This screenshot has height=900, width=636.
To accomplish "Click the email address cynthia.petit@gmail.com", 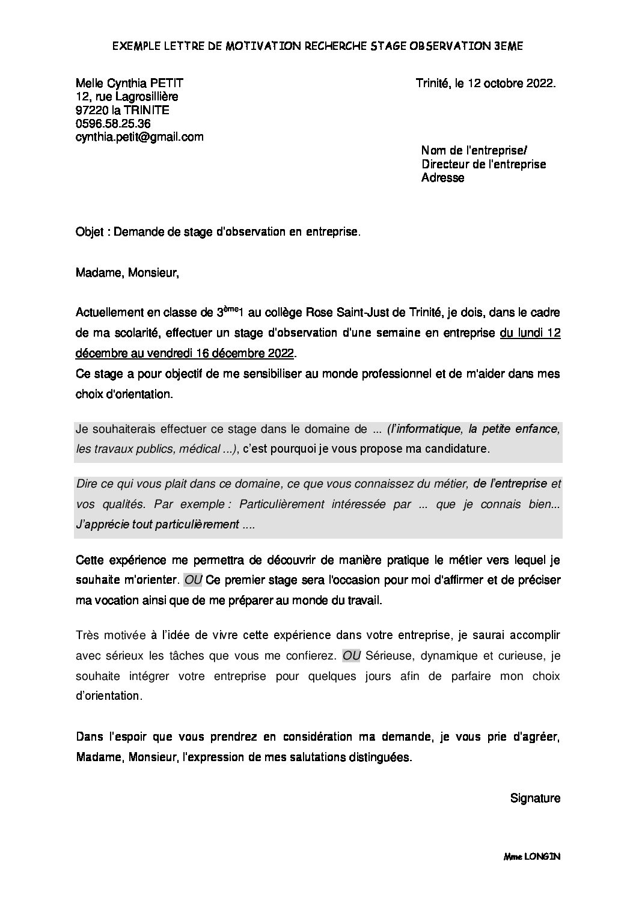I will [x=139, y=137].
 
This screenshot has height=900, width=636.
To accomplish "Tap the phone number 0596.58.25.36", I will [x=113, y=124].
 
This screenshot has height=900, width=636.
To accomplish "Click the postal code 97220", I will [x=91, y=110].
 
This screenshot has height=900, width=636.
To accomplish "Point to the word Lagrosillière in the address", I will [x=144, y=97].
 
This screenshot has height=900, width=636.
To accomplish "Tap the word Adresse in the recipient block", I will [x=443, y=178].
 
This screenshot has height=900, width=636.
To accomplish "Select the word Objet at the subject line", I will [x=90, y=232].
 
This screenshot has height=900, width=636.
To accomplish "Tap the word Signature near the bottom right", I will [x=535, y=798].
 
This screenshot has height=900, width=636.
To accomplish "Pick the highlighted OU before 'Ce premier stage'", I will [x=193, y=580].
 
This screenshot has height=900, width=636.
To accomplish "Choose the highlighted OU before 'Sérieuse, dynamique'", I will [x=351, y=655].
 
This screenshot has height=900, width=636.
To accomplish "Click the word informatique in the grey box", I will [x=429, y=429].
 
